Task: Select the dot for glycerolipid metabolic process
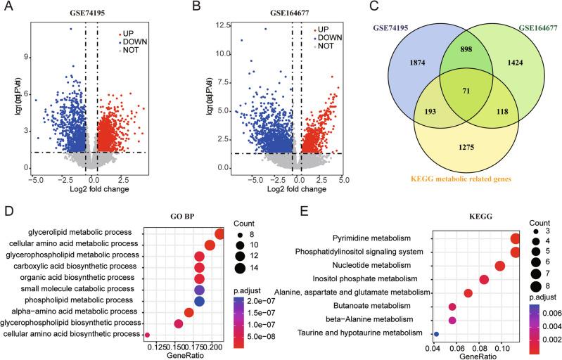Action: (x=220, y=234)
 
